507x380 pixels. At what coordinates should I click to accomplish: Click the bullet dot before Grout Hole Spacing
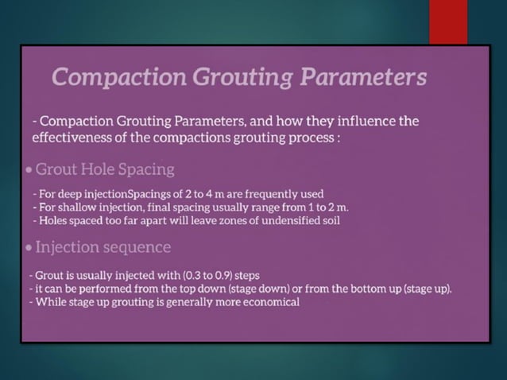(29, 170)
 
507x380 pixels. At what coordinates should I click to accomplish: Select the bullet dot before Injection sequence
(29, 247)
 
